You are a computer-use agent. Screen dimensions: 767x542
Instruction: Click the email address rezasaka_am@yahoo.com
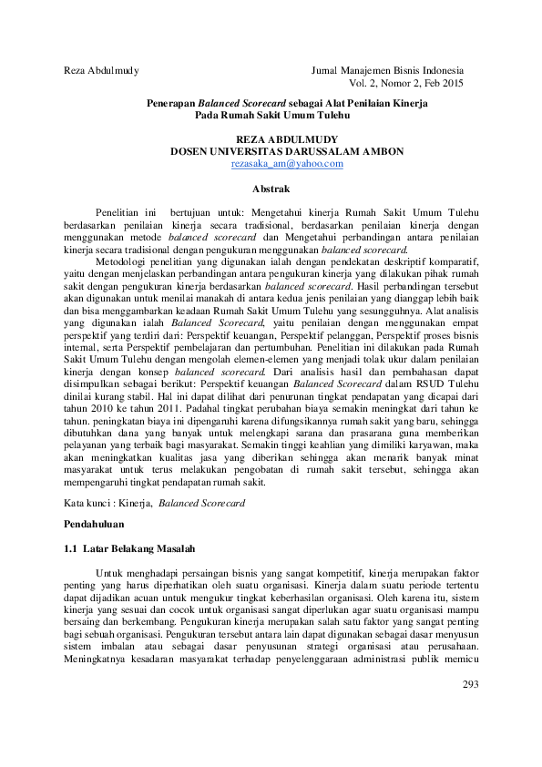pyautogui.click(x=287, y=163)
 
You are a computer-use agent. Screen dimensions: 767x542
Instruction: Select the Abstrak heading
pyautogui.click(x=271, y=189)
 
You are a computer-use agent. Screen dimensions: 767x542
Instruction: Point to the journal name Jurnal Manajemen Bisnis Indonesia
pyautogui.click(x=387, y=70)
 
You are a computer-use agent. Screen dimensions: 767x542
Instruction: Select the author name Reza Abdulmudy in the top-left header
pyautogui.click(x=101, y=70)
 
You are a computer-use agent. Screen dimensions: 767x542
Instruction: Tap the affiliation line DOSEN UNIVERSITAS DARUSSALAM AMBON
pyautogui.click(x=287, y=151)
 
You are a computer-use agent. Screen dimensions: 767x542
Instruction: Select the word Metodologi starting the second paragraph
pyautogui.click(x=122, y=260)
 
